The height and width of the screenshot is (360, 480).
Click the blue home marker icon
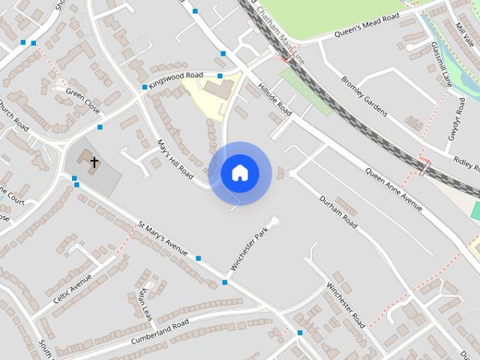[240, 173]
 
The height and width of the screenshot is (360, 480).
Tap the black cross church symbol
[94, 162]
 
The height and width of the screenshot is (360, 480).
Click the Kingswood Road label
[176, 80]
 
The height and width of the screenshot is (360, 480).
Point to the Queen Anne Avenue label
[394, 187]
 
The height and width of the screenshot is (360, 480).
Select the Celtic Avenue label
[72, 289]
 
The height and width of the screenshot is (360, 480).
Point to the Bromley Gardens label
[363, 96]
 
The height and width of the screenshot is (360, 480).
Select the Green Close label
[82, 97]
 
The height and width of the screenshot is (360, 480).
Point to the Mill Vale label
[464, 34]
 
